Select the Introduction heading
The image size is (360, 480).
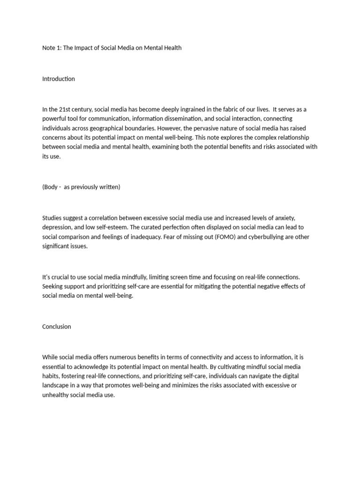(x=59, y=79)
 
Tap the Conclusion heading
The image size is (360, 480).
(x=57, y=327)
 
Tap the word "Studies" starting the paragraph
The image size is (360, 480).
(x=52, y=218)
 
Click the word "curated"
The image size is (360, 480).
(x=151, y=227)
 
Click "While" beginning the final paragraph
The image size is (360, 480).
(x=51, y=357)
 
